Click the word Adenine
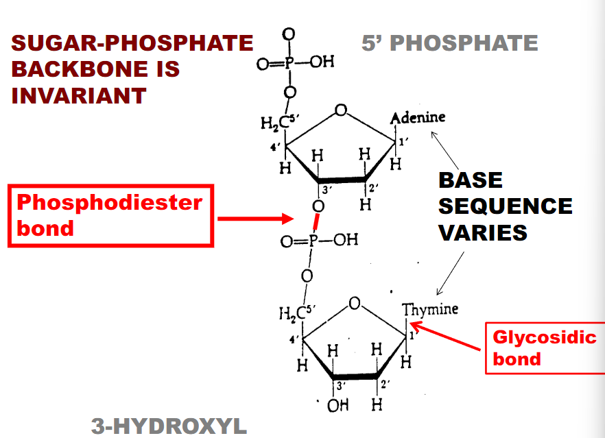coord(418,118)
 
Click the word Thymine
coord(430,309)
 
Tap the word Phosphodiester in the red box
coord(110,203)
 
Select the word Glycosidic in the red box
coord(545,338)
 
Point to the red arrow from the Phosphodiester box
coord(256,219)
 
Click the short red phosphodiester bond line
coord(316,222)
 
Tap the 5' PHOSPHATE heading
coord(450,42)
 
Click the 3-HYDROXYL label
coord(169,426)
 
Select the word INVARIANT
coord(79,96)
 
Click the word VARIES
coord(483,232)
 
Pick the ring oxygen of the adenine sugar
coord(341,110)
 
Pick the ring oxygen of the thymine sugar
coord(355,304)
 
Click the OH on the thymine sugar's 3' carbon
coord(338,405)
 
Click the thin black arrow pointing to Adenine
coord(444,151)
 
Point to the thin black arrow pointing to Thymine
coord(450,273)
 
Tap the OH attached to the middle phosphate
coord(346,240)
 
